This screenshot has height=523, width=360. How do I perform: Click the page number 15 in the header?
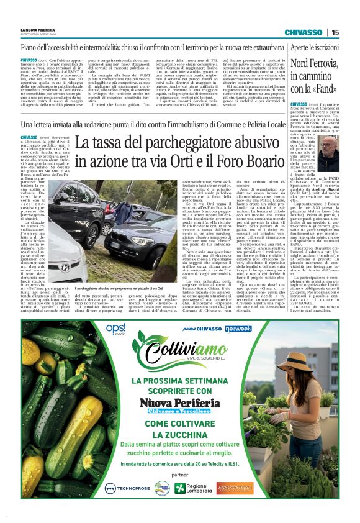tap(335, 32)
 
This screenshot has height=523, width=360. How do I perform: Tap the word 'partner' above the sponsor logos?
tap(180, 475)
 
